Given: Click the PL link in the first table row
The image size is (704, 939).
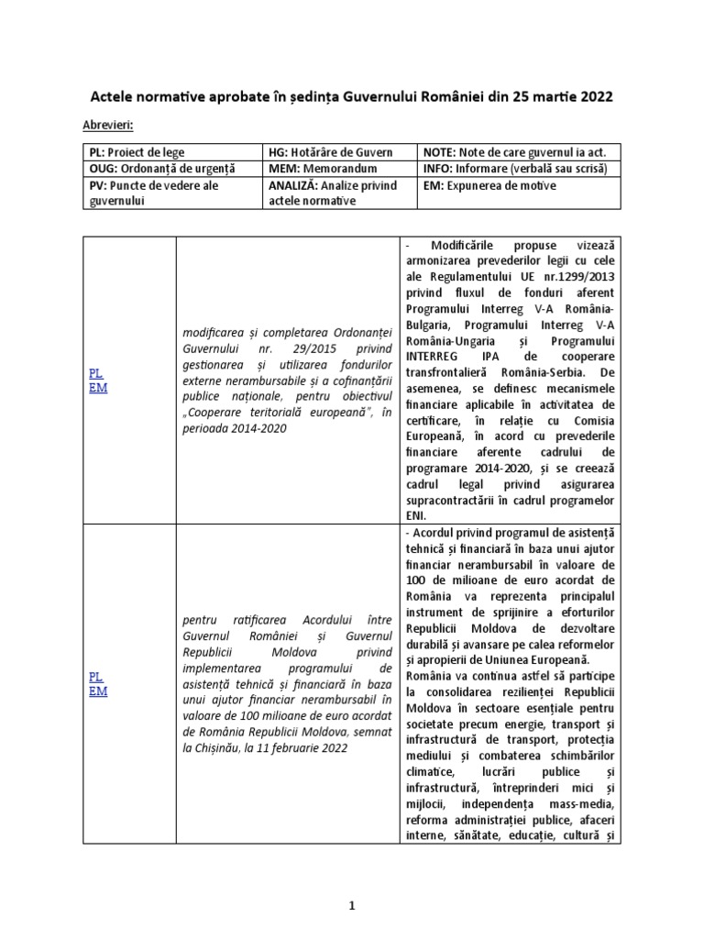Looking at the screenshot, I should click(95, 374).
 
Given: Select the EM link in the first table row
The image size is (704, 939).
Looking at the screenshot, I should click(96, 389).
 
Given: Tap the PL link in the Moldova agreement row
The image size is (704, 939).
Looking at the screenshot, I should click(95, 676).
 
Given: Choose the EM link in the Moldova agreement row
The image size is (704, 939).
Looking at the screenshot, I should click(97, 690).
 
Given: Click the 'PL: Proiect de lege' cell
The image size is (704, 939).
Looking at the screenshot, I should click(128, 151).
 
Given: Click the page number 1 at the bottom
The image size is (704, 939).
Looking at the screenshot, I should click(351, 906).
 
